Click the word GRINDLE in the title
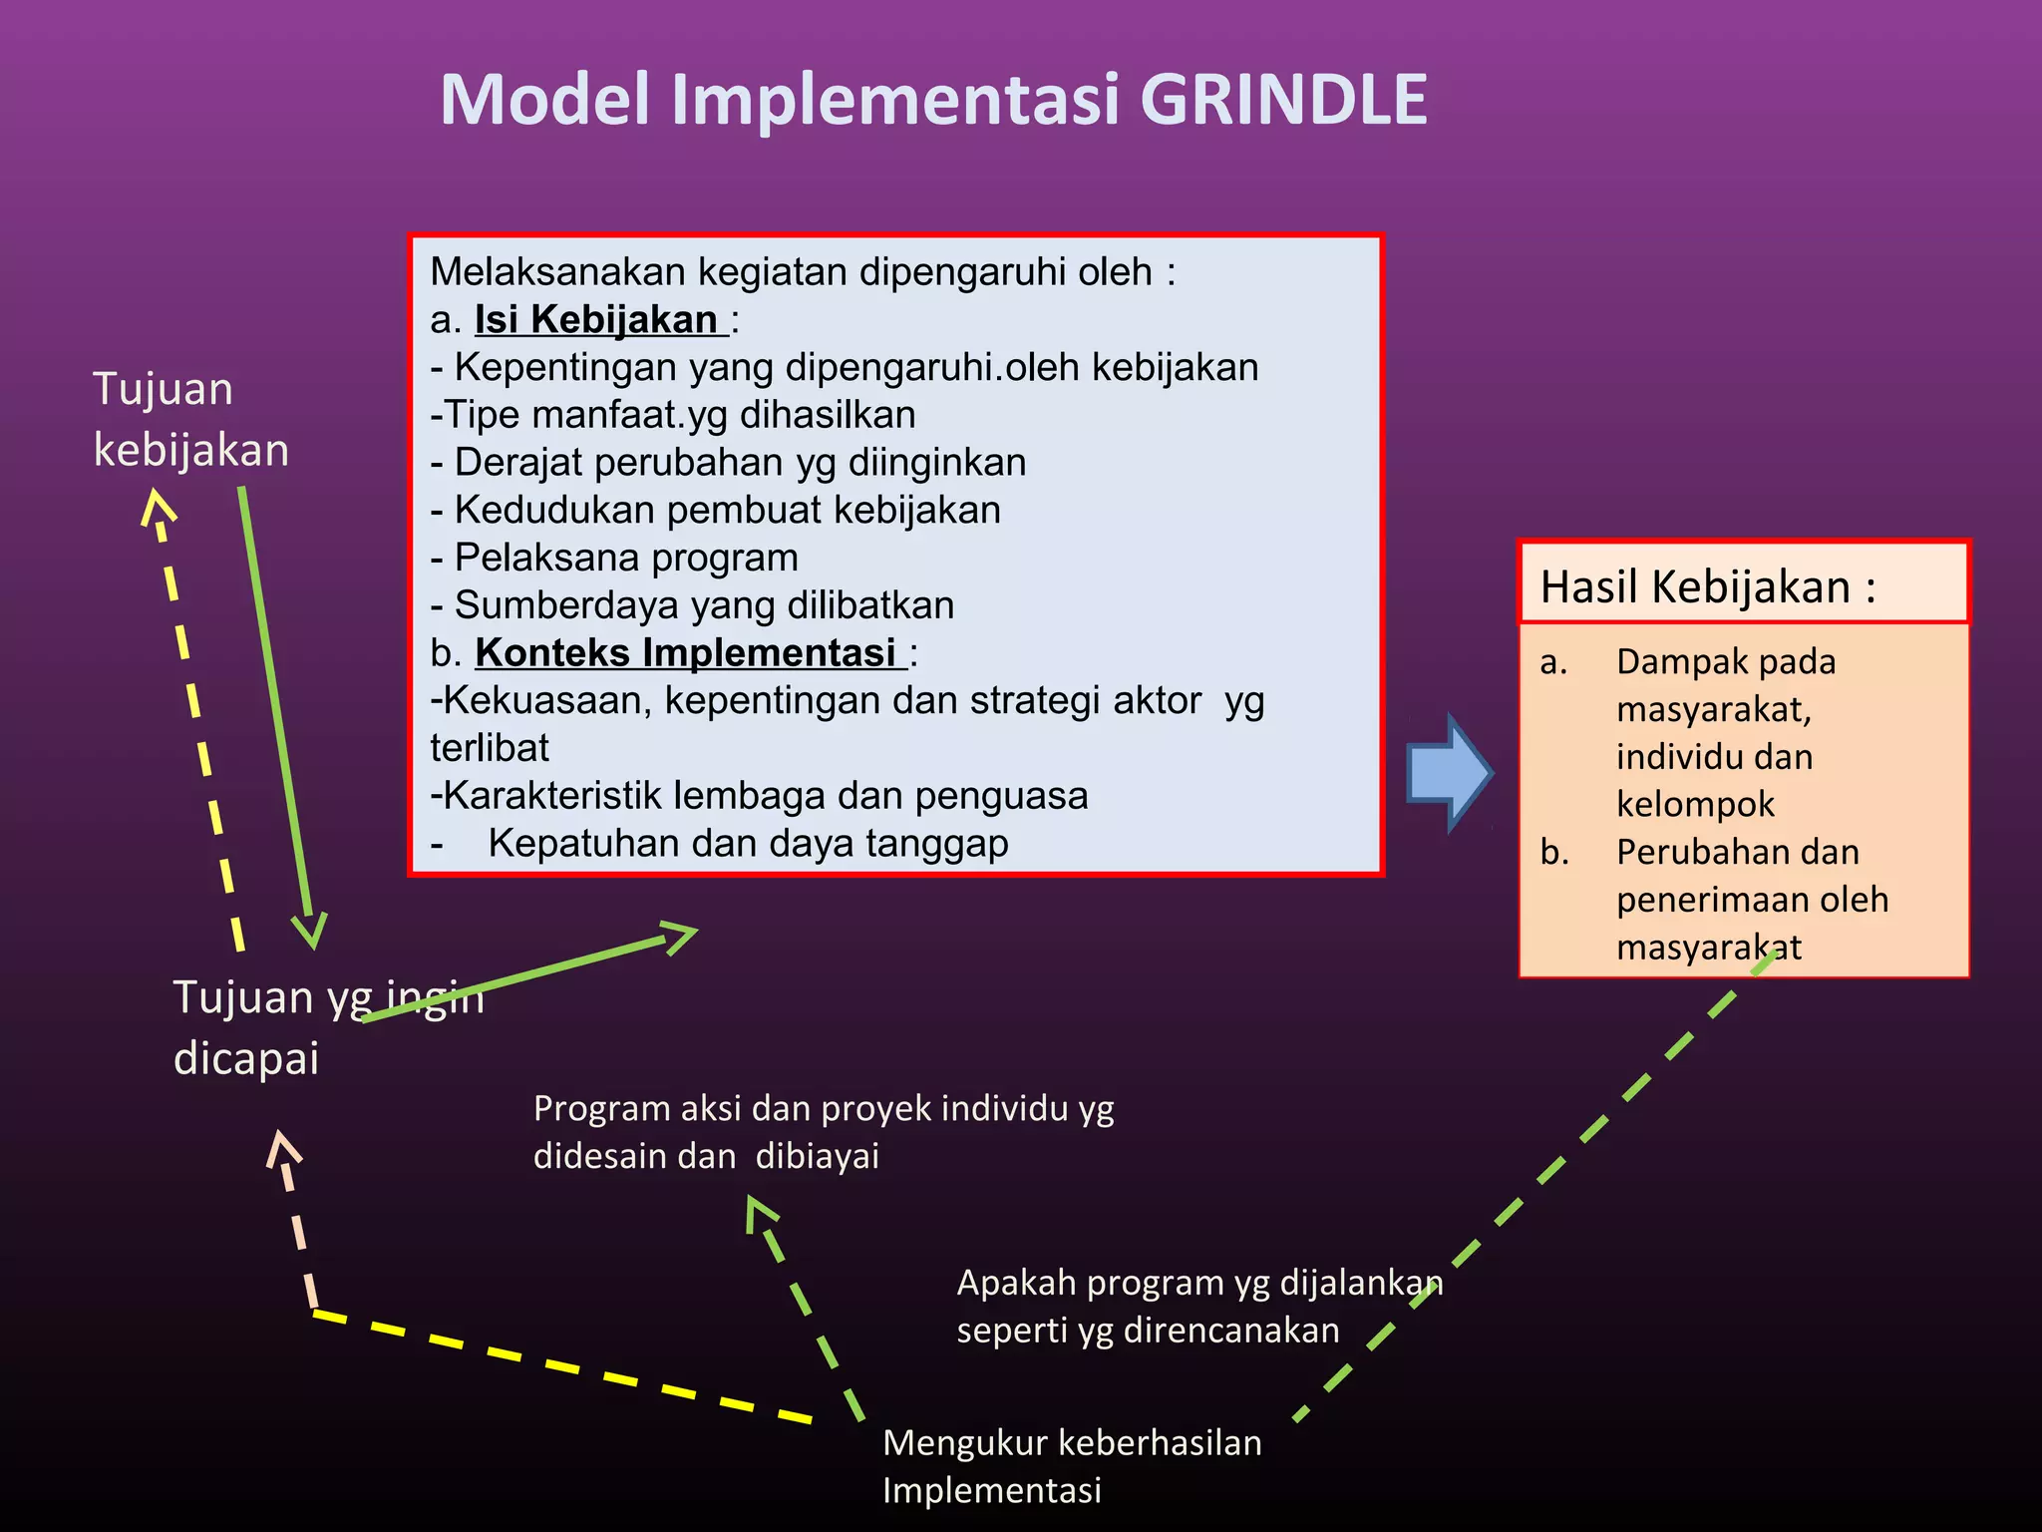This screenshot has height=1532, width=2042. coord(1283,100)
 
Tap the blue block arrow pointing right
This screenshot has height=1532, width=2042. coord(1448,773)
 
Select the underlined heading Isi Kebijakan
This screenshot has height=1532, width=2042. coord(596,320)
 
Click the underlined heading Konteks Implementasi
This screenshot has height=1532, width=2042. coord(686,653)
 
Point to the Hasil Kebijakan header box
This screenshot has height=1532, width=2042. coord(1743,584)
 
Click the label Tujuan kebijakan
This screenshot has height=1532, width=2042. coord(189,419)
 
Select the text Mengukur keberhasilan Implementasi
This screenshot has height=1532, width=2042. coord(1072,1466)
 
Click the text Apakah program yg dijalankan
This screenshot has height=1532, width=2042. coord(1199,1284)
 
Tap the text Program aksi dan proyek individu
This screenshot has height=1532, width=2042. coord(823,1109)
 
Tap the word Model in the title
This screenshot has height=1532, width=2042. coord(545,100)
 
